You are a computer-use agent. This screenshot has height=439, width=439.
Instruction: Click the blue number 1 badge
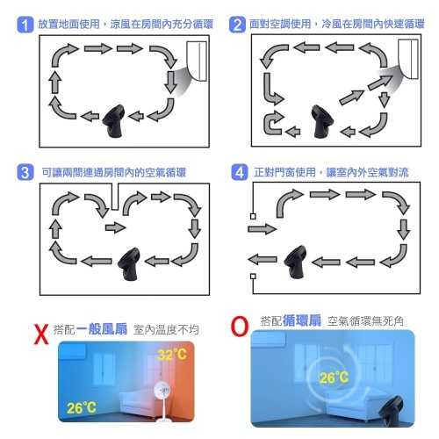click(25, 25)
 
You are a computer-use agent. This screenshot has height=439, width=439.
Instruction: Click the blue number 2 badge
click(237, 25)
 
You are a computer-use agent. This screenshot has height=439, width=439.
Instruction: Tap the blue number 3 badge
click(25, 171)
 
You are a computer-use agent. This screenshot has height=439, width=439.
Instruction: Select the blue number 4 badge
click(237, 171)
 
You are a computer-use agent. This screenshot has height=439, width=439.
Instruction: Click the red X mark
click(39, 334)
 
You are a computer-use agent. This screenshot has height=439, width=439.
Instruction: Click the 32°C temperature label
click(171, 356)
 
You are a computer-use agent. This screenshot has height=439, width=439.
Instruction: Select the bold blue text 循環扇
click(299, 322)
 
